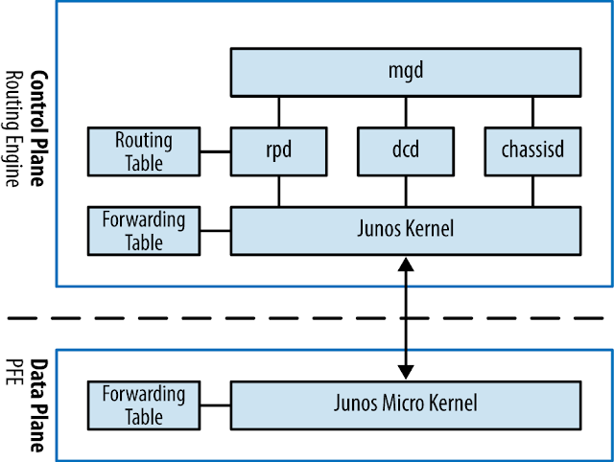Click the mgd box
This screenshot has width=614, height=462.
(x=406, y=70)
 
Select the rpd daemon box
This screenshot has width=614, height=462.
(x=279, y=150)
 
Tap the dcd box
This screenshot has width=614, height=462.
(x=406, y=150)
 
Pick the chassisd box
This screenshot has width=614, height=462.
(x=532, y=150)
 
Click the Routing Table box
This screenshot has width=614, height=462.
(x=144, y=150)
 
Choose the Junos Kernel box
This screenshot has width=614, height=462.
(x=406, y=230)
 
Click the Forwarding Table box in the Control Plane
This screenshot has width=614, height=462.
(x=144, y=230)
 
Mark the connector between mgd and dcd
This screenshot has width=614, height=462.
(x=406, y=109)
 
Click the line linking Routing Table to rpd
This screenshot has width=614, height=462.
(x=216, y=150)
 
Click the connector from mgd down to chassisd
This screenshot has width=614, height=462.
(x=532, y=109)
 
